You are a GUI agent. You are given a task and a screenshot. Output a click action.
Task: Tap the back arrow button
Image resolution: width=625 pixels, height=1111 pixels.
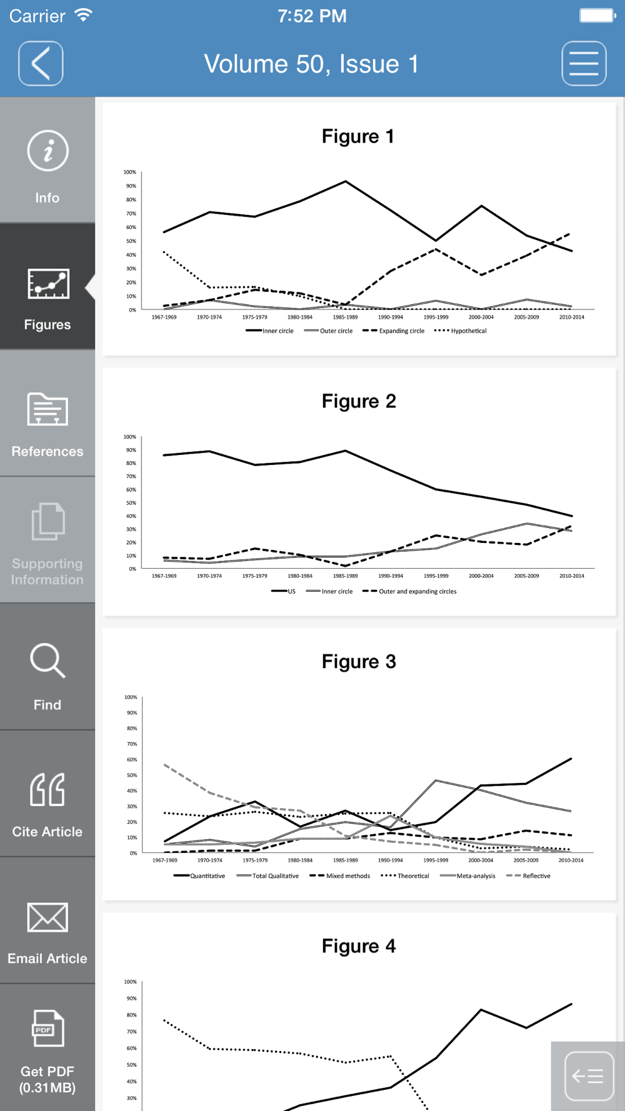(x=41, y=63)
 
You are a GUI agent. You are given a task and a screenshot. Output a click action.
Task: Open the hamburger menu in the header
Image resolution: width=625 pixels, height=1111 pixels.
(x=584, y=63)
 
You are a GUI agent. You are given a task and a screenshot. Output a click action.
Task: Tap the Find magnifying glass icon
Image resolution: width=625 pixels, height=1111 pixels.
(x=47, y=660)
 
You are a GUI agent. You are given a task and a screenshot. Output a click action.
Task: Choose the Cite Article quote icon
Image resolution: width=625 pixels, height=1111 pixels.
(x=47, y=789)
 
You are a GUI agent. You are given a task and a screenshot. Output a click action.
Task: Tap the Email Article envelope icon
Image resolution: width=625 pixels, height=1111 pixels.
(x=47, y=917)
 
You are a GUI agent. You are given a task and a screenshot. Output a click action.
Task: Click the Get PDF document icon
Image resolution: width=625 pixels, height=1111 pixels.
(x=47, y=1028)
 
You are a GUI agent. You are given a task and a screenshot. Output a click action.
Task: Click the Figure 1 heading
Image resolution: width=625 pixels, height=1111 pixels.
(x=358, y=136)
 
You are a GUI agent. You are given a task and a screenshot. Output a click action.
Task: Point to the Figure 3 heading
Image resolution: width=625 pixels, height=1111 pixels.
(x=359, y=662)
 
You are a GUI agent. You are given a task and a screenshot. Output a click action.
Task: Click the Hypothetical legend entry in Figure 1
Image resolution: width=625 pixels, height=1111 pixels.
(x=460, y=331)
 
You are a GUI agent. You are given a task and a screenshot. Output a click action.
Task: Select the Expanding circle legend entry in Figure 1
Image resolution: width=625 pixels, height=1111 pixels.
(x=393, y=331)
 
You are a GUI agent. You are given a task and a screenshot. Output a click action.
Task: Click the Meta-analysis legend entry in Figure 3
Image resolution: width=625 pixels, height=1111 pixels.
(x=467, y=876)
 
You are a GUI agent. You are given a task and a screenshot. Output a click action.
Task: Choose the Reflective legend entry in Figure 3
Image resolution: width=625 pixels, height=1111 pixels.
(x=529, y=876)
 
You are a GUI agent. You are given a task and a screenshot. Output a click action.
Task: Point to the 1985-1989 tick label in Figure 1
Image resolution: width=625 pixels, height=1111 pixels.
(x=345, y=317)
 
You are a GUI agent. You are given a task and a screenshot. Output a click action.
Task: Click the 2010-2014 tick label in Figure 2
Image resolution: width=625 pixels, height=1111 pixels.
(x=572, y=576)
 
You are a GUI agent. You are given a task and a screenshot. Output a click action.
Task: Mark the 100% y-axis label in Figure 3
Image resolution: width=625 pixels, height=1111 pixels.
(x=131, y=697)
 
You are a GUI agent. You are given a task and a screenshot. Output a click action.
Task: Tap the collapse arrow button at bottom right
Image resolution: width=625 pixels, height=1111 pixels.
(x=588, y=1076)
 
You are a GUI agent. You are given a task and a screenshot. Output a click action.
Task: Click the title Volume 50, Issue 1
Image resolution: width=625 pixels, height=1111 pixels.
(x=311, y=64)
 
